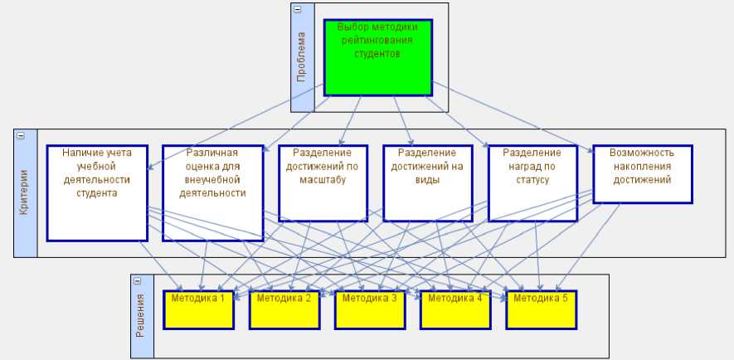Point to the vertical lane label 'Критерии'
coord(25,192)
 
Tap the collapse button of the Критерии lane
coord(21,135)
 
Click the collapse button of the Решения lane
coord(138,281)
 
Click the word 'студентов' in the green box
coord(377,54)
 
